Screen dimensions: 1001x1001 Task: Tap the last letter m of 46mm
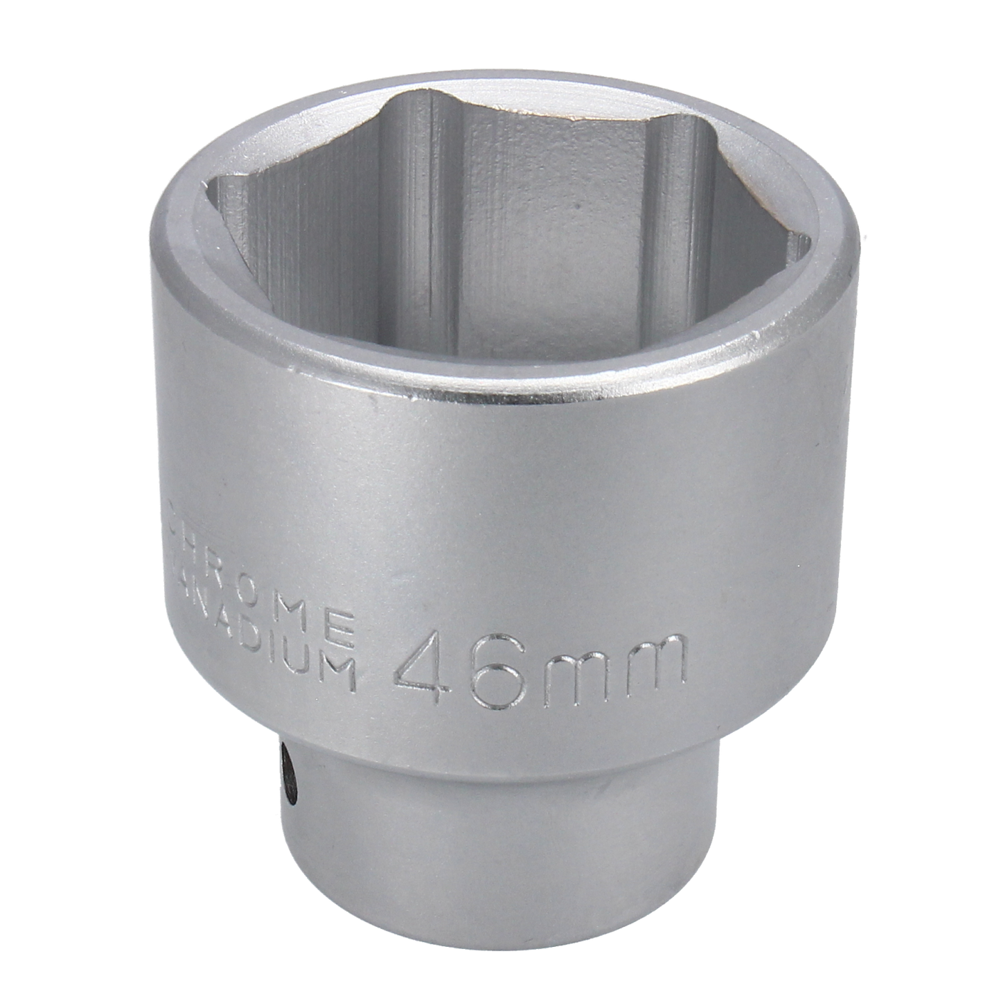tap(652, 657)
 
